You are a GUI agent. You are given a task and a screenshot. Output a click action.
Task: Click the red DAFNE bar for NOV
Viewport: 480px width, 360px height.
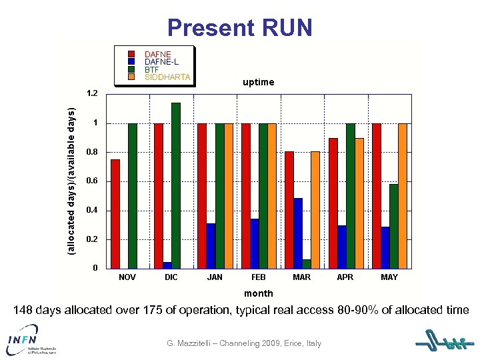tap(115, 213)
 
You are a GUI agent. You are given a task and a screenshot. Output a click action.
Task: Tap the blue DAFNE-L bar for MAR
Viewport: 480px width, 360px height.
tap(298, 233)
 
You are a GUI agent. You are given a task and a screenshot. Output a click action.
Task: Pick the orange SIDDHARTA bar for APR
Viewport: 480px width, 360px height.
tap(359, 203)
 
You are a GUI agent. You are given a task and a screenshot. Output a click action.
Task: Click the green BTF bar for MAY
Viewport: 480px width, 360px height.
tap(394, 226)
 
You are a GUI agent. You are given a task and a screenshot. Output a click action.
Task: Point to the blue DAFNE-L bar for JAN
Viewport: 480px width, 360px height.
tap(211, 245)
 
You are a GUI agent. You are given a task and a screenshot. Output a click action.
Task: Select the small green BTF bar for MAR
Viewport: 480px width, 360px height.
tap(307, 264)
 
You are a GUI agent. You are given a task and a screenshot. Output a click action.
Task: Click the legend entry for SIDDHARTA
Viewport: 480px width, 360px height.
tap(167, 77)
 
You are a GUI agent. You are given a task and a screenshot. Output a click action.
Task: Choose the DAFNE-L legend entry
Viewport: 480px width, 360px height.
tap(161, 62)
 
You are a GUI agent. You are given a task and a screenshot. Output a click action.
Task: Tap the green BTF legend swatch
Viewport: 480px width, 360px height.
tap(132, 69)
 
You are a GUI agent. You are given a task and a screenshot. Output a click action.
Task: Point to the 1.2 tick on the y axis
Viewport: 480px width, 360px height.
tap(91, 93)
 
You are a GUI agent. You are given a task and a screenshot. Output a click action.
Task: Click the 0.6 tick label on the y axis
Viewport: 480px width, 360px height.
tap(91, 181)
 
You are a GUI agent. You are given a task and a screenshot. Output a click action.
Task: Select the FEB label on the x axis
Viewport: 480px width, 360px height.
tap(259, 277)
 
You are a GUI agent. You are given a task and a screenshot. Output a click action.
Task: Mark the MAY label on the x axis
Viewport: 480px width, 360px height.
tap(389, 277)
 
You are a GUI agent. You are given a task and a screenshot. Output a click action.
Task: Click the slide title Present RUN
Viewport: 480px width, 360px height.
tap(240, 28)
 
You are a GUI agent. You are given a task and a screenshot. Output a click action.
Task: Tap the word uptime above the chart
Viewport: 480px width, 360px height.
tap(258, 83)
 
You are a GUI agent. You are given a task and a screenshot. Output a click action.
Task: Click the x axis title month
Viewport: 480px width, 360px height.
tap(258, 293)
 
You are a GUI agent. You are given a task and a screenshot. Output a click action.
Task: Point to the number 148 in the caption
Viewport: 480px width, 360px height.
tap(23, 310)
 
